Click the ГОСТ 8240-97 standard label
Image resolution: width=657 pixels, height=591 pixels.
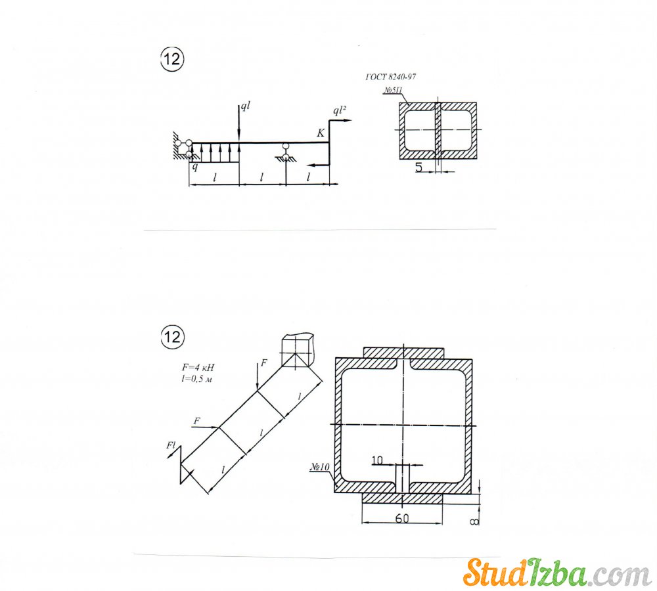click(x=390, y=77)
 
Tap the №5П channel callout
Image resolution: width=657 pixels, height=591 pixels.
click(x=393, y=91)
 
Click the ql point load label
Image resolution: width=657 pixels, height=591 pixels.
click(x=245, y=106)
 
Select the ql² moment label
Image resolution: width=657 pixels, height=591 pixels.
click(x=340, y=110)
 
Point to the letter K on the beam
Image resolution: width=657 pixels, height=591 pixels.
click(x=321, y=133)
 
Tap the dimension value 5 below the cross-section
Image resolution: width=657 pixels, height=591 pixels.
click(x=419, y=167)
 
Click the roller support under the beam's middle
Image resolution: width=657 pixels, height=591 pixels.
click(x=285, y=152)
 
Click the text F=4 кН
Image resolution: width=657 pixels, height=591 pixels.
click(x=198, y=367)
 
